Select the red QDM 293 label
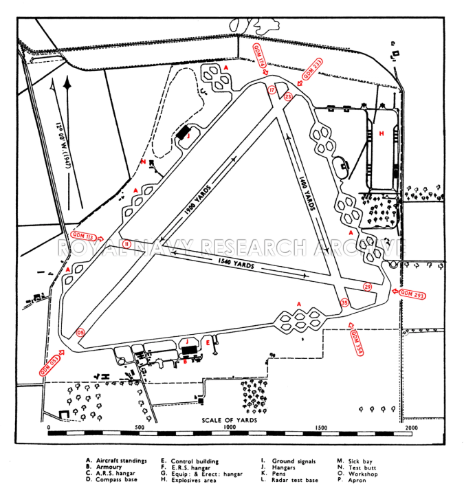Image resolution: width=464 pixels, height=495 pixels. pyautogui.click(x=412, y=294)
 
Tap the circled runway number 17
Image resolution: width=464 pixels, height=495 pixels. pyautogui.click(x=272, y=90)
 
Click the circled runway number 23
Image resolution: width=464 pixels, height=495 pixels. pyautogui.click(x=288, y=97)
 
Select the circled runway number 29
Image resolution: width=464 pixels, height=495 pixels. pyautogui.click(x=367, y=287)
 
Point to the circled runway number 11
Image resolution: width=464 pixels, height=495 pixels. pyautogui.click(x=126, y=243)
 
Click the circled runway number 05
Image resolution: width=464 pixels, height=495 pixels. pyautogui.click(x=80, y=333)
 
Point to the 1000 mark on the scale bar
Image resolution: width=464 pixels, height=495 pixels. pyautogui.click(x=229, y=427)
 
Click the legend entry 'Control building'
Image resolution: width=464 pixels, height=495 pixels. pyautogui.click(x=192, y=461)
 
